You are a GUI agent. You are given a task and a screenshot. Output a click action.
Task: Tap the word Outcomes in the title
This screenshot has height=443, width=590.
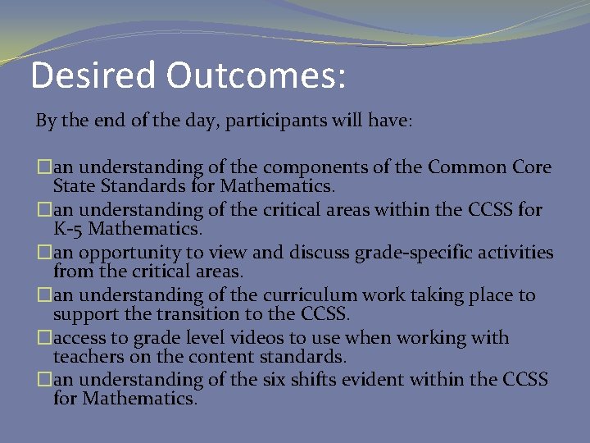coord(256,75)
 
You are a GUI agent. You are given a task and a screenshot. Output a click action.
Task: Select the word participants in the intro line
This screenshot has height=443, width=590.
coord(277,122)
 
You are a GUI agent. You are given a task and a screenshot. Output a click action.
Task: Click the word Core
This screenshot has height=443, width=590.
coord(532,167)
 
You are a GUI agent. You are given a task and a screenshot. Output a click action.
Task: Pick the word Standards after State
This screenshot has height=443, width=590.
coord(137,186)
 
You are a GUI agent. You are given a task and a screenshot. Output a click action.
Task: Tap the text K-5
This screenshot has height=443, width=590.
coord(70,229)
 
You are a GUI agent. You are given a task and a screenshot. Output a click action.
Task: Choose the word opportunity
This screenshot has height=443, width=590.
coord(122,253)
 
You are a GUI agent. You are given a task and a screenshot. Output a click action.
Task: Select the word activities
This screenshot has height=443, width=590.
coord(514,253)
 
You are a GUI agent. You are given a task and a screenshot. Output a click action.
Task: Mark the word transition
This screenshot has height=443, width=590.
coord(195,314)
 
